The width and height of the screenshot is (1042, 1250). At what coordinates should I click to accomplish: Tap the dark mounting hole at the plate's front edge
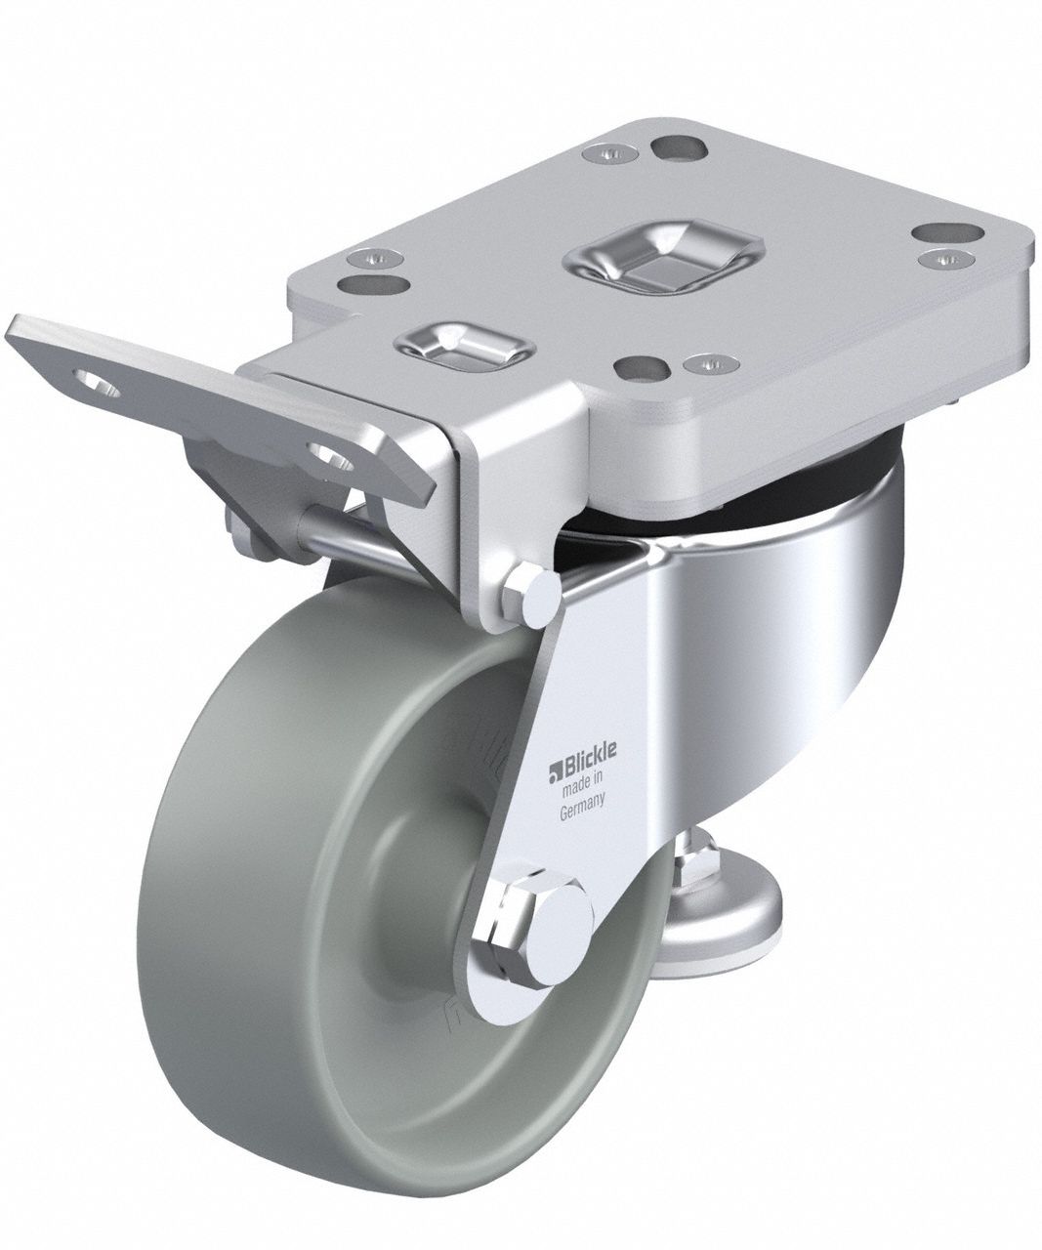tap(641, 368)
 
